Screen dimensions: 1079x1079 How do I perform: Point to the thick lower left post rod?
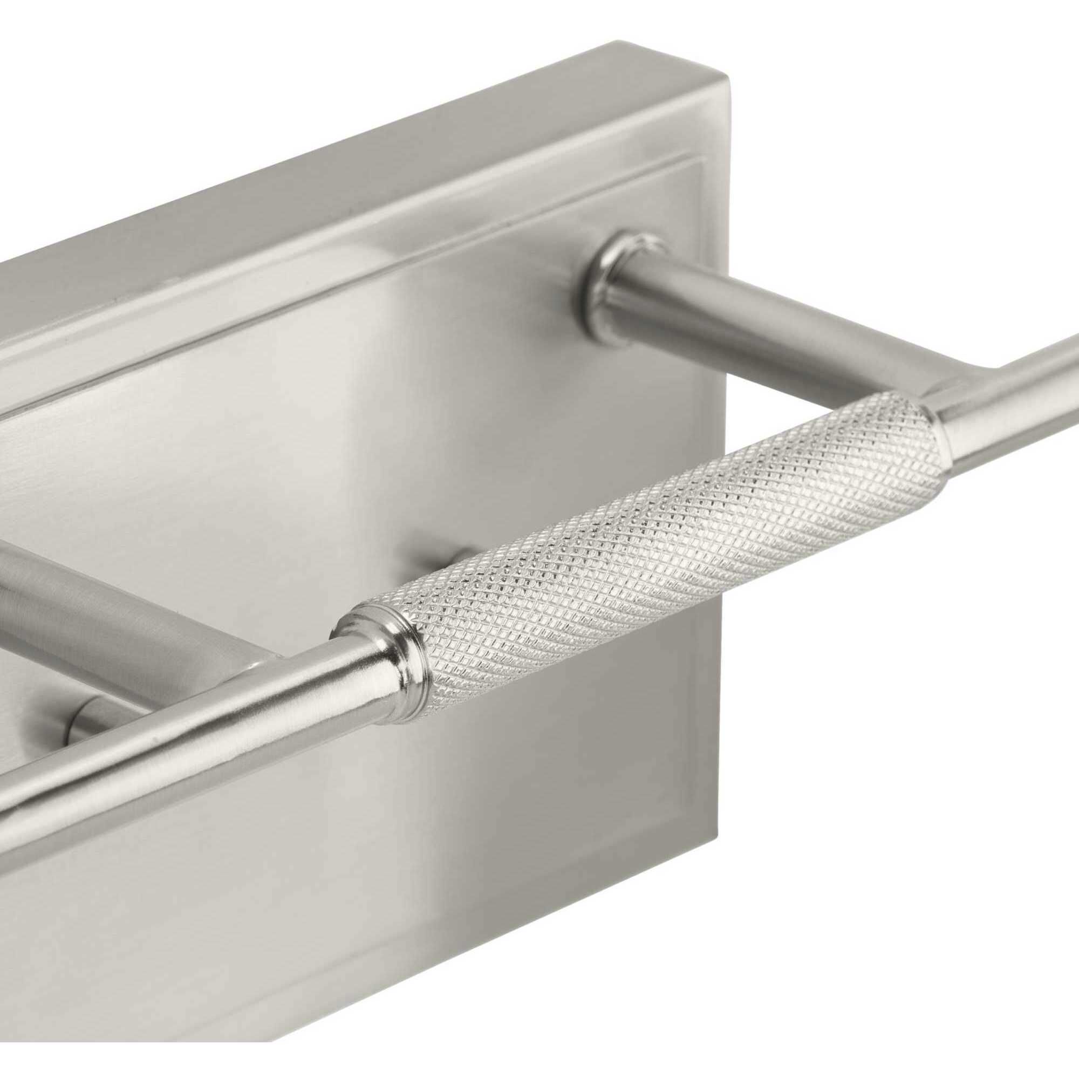coord(112,603)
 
